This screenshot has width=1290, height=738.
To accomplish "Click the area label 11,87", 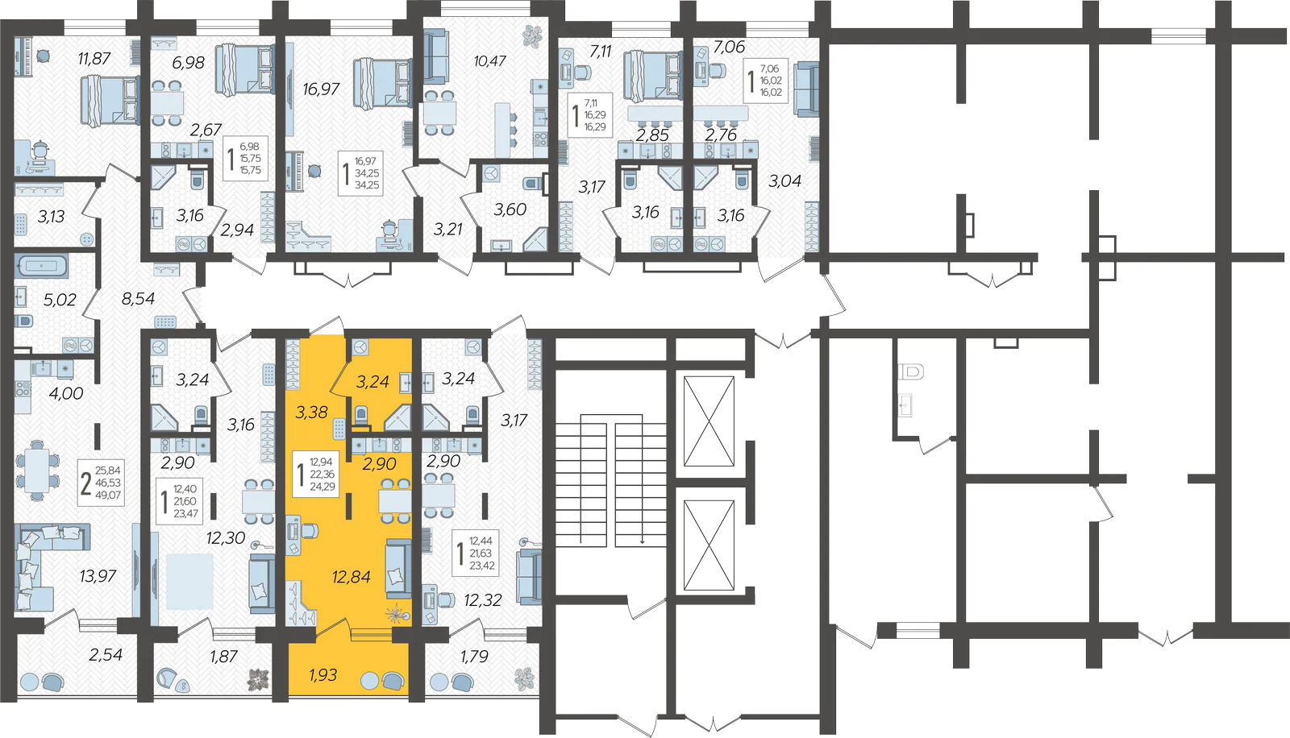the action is pos(94,58).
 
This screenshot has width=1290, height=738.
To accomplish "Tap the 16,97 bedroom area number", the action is pos(321,89).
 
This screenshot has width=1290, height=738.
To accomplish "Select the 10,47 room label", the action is pos(489,60).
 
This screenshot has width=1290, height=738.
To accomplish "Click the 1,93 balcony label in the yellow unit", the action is pos(322,674).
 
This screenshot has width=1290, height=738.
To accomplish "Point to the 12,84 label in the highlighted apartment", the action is pos(352,576).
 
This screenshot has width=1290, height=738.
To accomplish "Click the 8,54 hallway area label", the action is pos(138,298).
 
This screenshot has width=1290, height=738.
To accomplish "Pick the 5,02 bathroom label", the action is pos(60,300).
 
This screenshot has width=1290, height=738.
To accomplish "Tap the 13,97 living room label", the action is pos(98,576).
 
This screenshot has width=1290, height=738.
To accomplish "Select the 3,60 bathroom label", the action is pos(510,209).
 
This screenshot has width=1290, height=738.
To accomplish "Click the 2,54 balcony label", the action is pos(106,654).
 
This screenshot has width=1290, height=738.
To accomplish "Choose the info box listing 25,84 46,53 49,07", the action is pos(102,483).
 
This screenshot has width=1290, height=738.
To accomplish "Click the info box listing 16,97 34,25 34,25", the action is pos(360,173).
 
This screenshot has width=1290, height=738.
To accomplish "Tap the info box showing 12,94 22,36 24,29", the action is pos(315,474).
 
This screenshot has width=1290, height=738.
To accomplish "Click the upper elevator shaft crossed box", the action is pos(709,421).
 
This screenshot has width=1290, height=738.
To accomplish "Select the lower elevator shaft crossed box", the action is pos(709,545).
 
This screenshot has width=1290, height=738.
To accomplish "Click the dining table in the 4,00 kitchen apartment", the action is pos(37,470).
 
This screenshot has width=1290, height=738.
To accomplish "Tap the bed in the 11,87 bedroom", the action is pos(110,101).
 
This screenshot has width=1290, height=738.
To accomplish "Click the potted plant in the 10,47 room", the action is pos(532,37).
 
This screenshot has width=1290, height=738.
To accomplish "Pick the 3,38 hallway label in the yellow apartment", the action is pos(311,413).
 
